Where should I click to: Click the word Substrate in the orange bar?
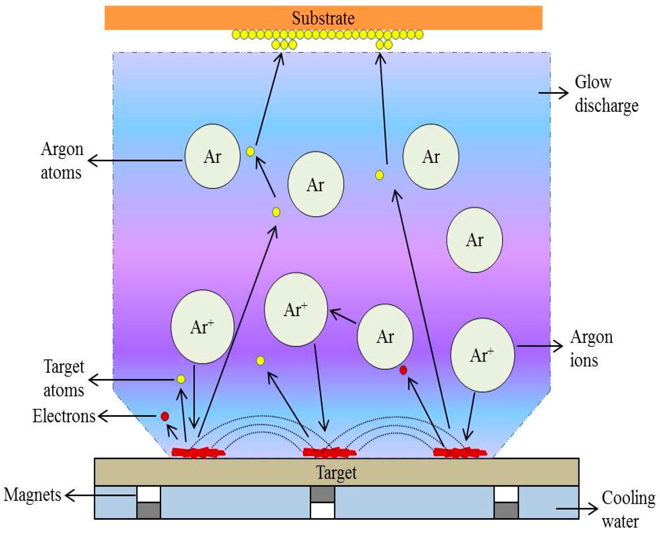[x=323, y=18]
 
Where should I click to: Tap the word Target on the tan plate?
[x=336, y=472]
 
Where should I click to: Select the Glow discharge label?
[x=606, y=94]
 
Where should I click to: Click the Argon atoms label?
[x=62, y=161]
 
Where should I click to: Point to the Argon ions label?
[x=591, y=349]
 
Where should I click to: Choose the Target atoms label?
[x=64, y=379]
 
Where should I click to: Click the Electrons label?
[x=64, y=416]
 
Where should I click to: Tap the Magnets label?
[x=32, y=495]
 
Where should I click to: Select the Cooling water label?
[x=628, y=510]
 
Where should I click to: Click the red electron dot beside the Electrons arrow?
[x=165, y=416]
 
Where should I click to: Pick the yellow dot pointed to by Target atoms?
[x=181, y=379]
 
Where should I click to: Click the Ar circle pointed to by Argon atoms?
[x=213, y=156]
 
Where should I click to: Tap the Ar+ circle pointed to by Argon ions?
[x=482, y=355]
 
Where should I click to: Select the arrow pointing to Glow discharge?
[x=553, y=93]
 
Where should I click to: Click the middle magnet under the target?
[x=322, y=502]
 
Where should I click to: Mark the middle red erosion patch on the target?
[x=329, y=452]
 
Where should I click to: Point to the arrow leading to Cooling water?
[x=577, y=508]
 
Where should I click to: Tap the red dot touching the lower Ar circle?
[x=403, y=370]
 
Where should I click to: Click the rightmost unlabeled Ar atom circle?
[x=474, y=240]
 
